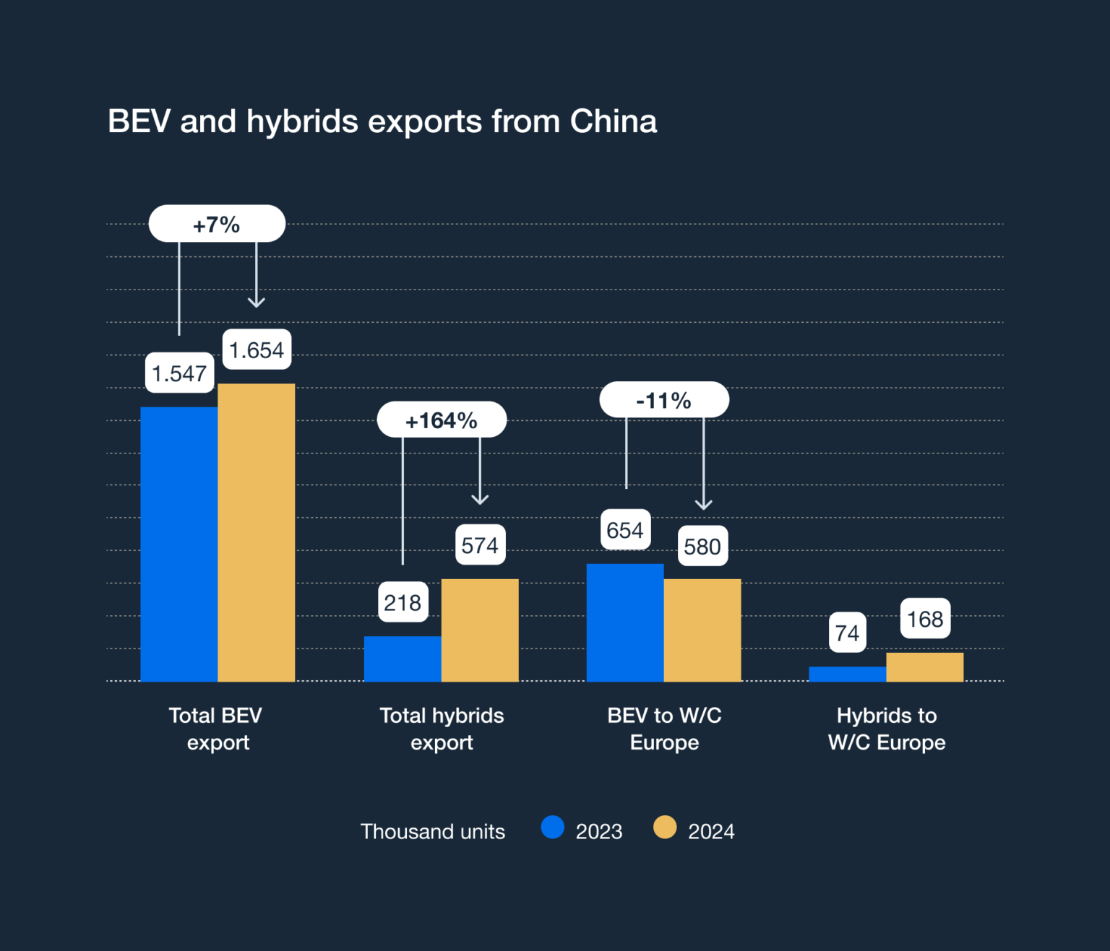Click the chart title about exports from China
click(x=382, y=121)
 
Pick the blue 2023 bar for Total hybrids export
click(x=403, y=659)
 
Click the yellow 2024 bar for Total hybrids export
click(x=480, y=630)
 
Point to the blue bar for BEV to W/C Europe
click(x=625, y=622)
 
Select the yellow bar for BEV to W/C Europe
click(x=702, y=630)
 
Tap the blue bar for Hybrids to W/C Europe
click(x=847, y=674)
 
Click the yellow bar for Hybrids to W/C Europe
click(x=924, y=666)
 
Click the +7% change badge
click(x=217, y=224)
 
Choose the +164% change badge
click(x=442, y=420)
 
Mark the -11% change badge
click(x=664, y=399)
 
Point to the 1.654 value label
click(x=257, y=349)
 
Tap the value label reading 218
click(x=403, y=602)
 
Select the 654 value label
click(x=625, y=530)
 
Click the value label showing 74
click(x=847, y=633)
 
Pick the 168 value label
click(x=925, y=618)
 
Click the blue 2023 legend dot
click(x=553, y=828)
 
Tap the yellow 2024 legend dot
click(x=665, y=828)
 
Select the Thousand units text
click(x=432, y=832)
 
